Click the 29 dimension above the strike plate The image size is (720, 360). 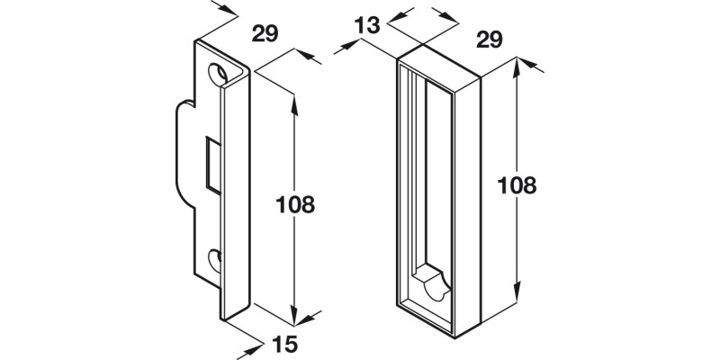[264, 35]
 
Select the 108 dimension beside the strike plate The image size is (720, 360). [294, 204]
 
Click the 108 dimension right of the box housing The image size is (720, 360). [517, 185]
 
